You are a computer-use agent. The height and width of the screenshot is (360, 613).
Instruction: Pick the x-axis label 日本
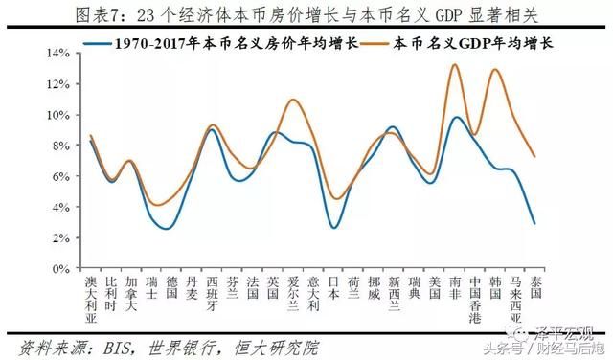[333, 288]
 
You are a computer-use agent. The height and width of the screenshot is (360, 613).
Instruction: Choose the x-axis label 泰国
[535, 288]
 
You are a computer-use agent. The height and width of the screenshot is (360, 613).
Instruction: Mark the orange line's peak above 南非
[455, 64]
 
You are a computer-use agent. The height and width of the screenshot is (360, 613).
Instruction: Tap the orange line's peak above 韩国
[495, 69]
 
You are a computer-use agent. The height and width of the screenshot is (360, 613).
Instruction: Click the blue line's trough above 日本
[333, 228]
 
